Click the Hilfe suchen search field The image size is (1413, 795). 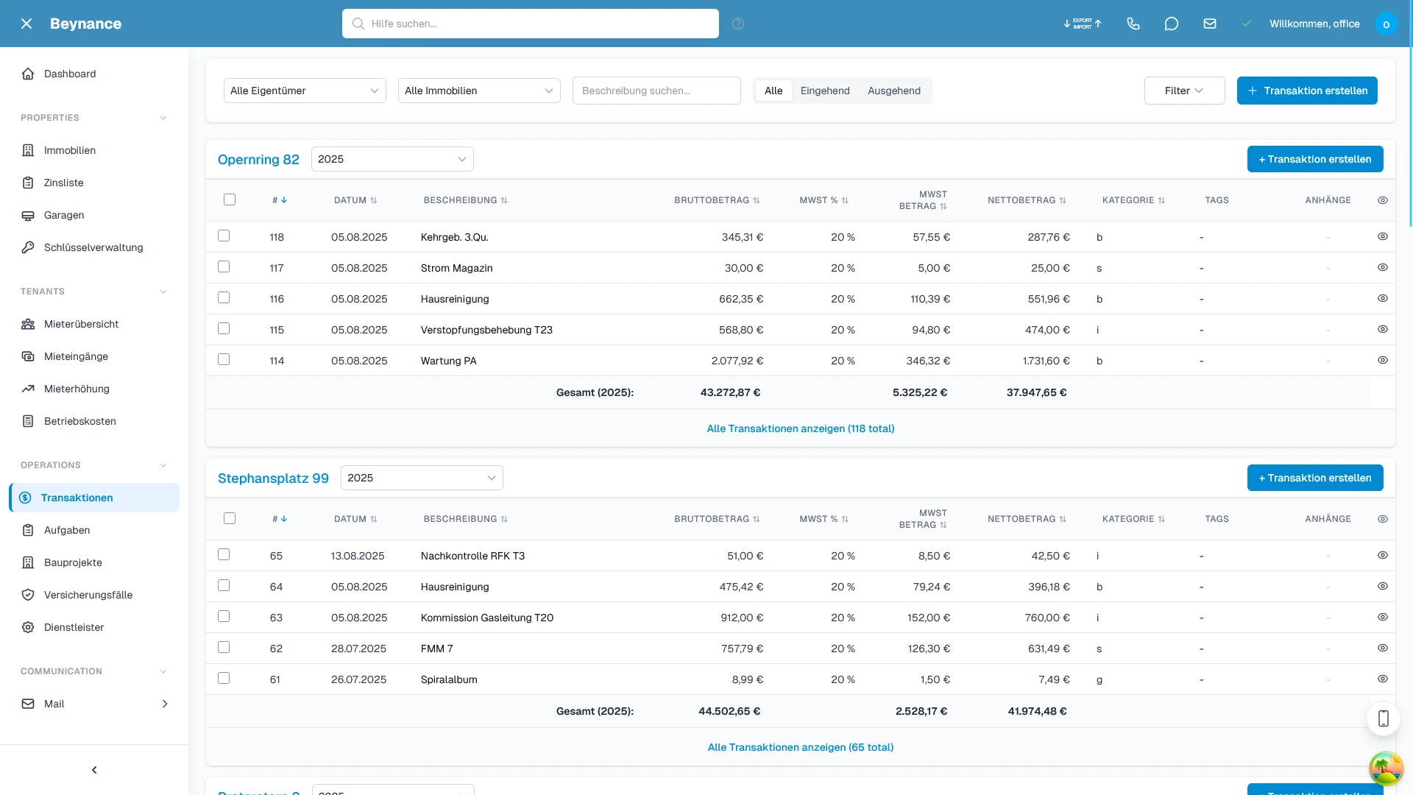[530, 24]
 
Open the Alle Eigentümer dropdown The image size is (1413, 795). [305, 91]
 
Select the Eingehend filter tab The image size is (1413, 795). [824, 91]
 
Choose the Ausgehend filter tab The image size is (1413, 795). [893, 91]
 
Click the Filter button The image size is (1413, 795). [1184, 91]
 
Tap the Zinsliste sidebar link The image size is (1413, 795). [63, 183]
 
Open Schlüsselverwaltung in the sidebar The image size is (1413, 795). [93, 247]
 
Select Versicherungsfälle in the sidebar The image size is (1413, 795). [88, 595]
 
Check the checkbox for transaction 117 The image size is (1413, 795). [224, 267]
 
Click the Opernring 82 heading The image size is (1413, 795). [258, 160]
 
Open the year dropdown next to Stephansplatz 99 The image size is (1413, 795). [422, 478]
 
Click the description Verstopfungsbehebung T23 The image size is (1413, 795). [486, 330]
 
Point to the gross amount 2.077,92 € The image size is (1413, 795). [737, 361]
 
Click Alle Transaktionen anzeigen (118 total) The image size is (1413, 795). [800, 428]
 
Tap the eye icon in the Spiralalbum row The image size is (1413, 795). [1382, 679]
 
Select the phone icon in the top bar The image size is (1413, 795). [1133, 24]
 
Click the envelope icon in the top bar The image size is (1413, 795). [1209, 24]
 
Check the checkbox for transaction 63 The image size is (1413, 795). [224, 617]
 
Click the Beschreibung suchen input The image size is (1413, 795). [656, 91]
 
